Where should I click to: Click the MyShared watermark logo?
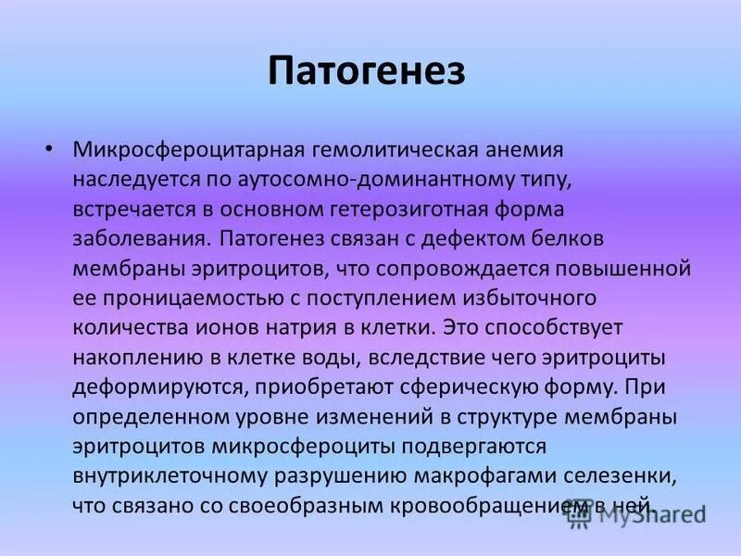(x=639, y=515)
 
